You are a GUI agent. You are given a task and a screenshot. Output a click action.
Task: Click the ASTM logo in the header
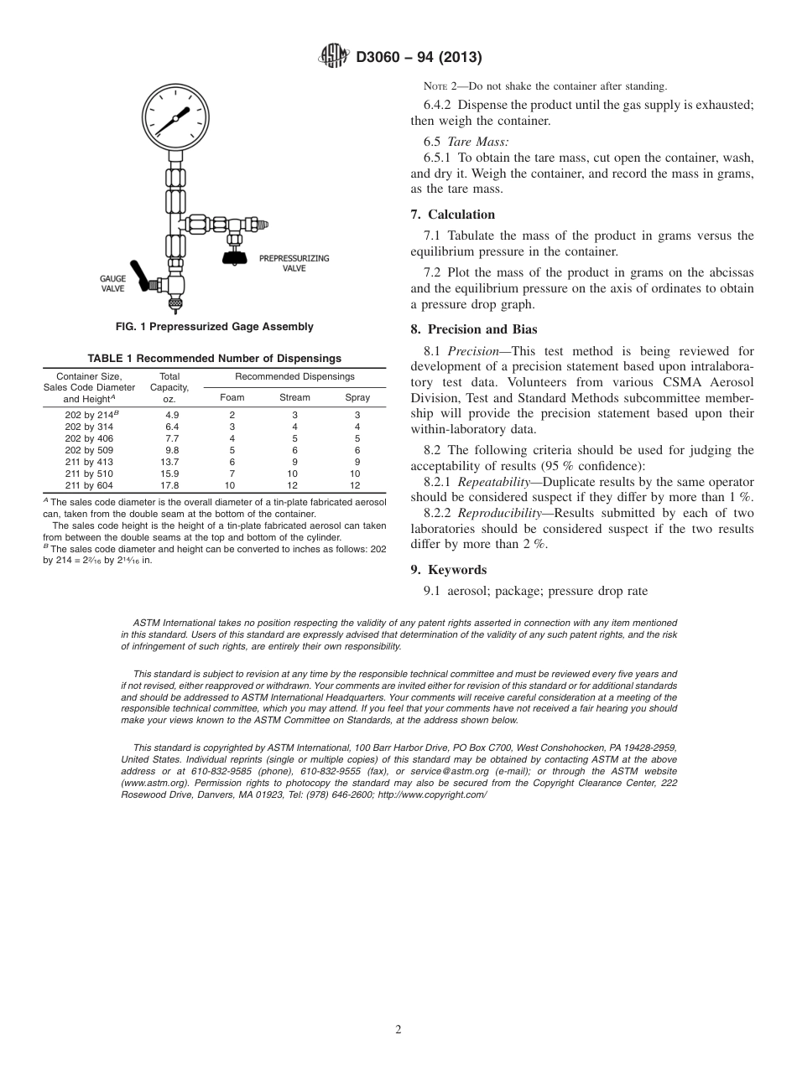[335, 57]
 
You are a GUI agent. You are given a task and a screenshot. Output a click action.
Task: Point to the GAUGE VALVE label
[112, 282]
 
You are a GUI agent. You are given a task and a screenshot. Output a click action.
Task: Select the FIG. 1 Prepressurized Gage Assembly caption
[214, 327]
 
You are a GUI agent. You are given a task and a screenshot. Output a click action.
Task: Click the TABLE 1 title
[214, 359]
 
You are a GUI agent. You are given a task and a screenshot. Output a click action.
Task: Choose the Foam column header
[232, 397]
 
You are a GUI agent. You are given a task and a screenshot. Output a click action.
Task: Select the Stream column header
[294, 397]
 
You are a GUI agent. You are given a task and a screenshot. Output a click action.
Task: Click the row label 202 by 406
[90, 438]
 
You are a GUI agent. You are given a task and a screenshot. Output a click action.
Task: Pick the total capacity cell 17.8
[172, 485]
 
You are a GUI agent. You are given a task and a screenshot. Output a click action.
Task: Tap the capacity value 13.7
[172, 462]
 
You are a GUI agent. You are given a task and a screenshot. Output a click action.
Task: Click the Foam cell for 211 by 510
[232, 473]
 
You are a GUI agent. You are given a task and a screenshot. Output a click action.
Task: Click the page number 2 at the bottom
[398, 1030]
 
